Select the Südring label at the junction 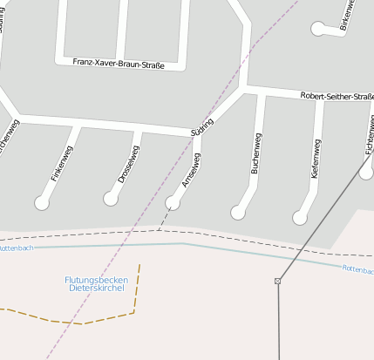coord(201,126)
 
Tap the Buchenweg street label coord(255,154)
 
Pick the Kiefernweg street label coord(316,159)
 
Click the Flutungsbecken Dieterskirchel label coord(97,283)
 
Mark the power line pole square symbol coord(278,281)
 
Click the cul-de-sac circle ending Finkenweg coord(42,203)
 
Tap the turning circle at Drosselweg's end coord(111,199)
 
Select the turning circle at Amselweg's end coord(173,203)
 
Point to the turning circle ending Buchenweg coord(238,212)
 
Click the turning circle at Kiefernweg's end coord(301,217)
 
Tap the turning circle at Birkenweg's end coord(318,29)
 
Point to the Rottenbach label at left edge coord(16,248)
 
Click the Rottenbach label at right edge coord(357,269)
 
